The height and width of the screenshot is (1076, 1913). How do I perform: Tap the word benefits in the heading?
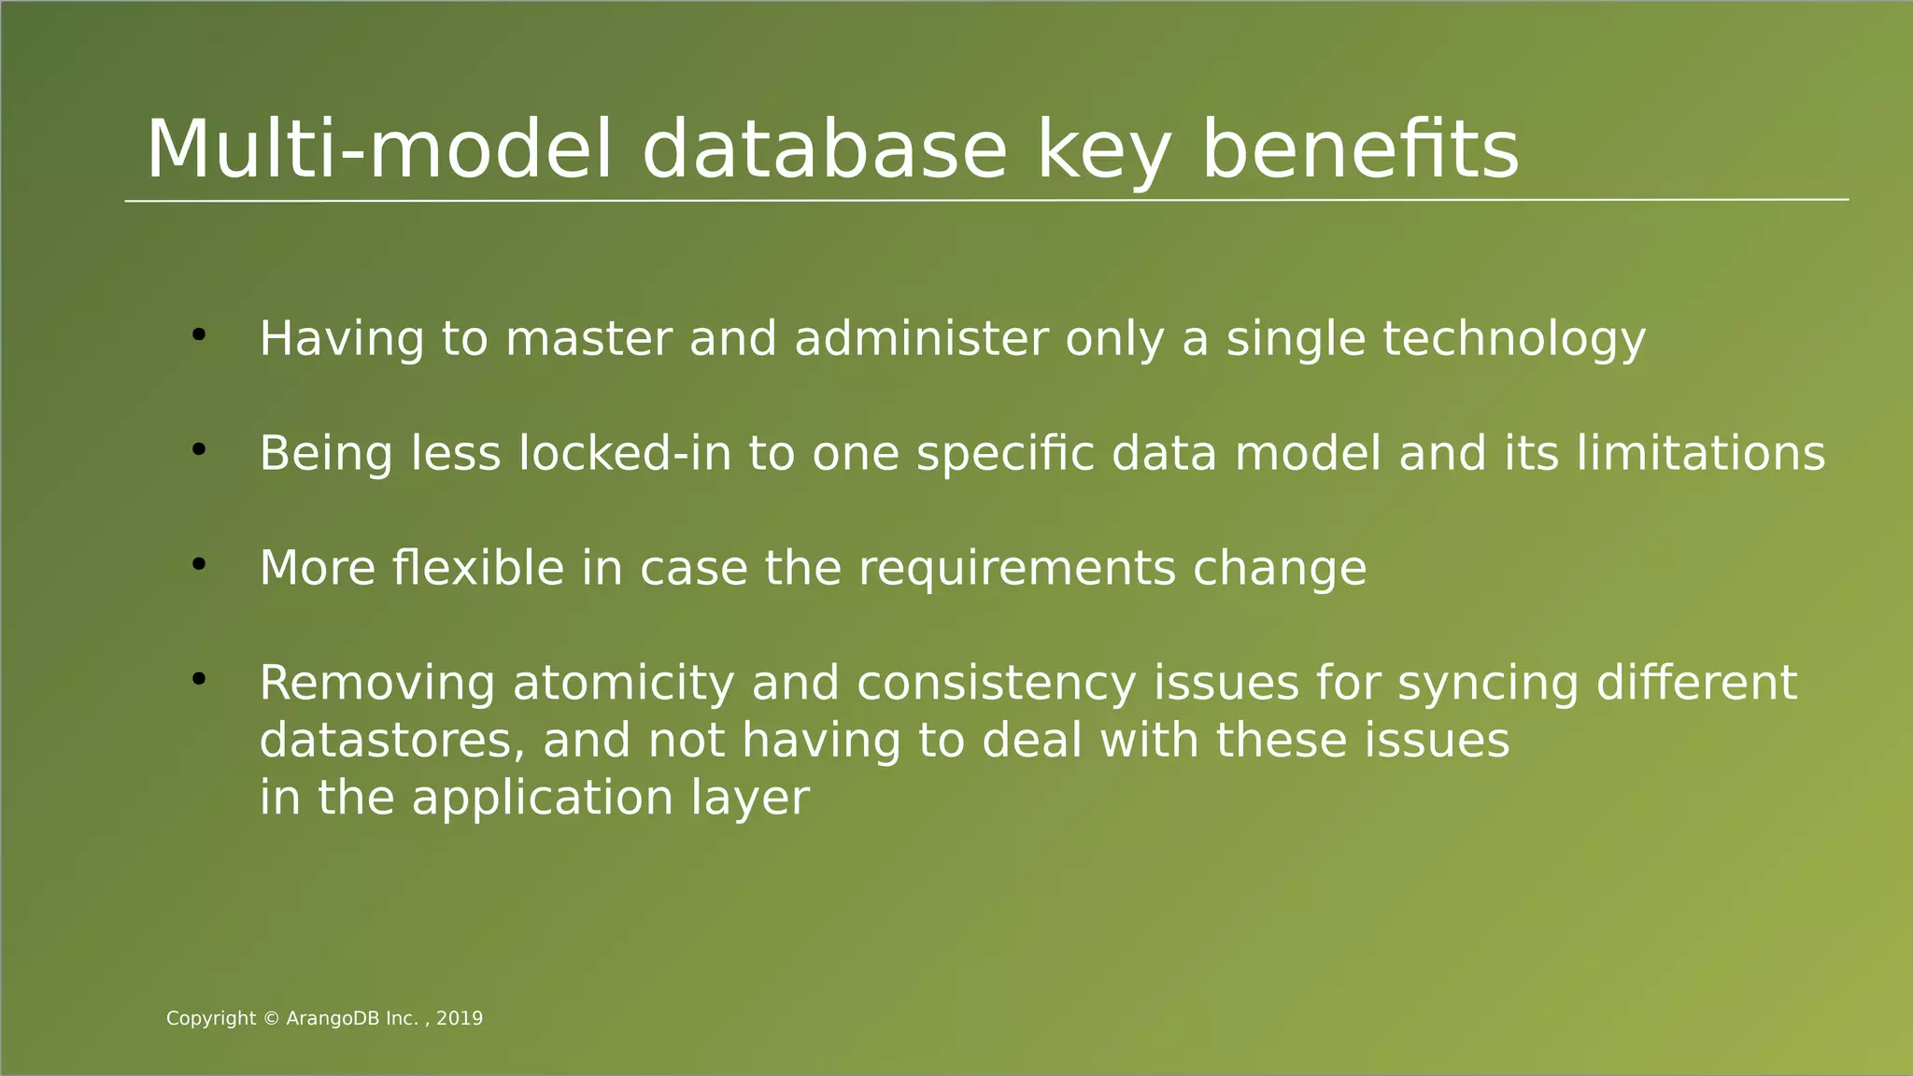[x=1360, y=149]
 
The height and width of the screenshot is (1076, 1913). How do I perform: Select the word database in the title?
[x=824, y=149]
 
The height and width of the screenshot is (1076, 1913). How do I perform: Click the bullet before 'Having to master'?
[x=198, y=334]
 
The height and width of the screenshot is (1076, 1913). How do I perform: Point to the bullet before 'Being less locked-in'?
[x=198, y=450]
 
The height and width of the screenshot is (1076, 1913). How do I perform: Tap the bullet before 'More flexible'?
[x=198, y=565]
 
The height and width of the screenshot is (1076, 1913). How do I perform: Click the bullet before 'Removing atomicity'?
[x=198, y=680]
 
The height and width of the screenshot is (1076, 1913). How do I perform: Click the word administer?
[x=921, y=339]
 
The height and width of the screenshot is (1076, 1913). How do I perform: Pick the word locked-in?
[x=624, y=454]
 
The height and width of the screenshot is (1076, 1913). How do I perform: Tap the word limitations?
[x=1700, y=454]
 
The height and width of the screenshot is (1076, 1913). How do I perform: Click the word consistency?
[x=996, y=684]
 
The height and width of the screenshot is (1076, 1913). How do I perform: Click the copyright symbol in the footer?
[x=271, y=1019]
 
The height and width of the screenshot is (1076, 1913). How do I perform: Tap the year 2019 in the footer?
[x=460, y=1019]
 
